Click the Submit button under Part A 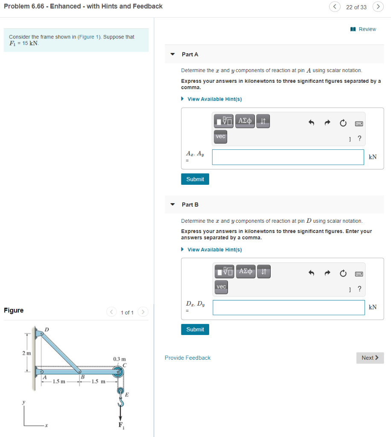click(195, 179)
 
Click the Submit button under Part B click(195, 329)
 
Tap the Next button click(370, 358)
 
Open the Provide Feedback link click(187, 358)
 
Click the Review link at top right click(363, 29)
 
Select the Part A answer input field click(288, 157)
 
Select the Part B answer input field click(289, 307)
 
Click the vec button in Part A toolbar click(220, 137)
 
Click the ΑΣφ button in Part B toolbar click(245, 271)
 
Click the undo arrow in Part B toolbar click(311, 273)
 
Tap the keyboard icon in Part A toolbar click(359, 123)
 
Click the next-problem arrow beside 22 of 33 click(377, 7)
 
